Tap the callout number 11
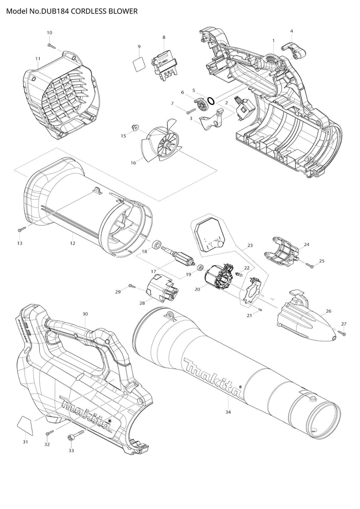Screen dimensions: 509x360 (38, 59)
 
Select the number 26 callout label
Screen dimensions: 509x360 (328, 311)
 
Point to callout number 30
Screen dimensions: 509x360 (85, 313)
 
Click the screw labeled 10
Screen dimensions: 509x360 (51, 44)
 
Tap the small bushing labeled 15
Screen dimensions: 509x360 (134, 128)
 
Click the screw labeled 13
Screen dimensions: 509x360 (21, 229)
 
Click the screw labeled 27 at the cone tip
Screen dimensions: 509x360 (342, 333)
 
